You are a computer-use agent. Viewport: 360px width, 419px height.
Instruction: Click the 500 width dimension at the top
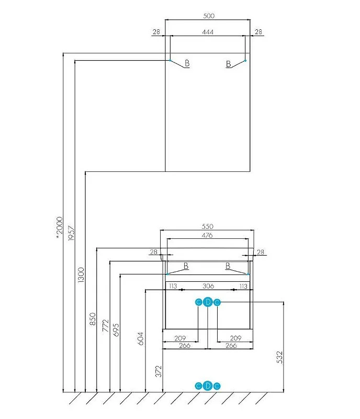[x=209, y=16]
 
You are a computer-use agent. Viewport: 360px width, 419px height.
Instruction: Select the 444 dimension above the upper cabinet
[x=209, y=32]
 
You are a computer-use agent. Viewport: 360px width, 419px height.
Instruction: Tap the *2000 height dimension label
[x=59, y=228]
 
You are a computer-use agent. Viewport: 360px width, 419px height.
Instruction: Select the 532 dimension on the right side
[x=279, y=357]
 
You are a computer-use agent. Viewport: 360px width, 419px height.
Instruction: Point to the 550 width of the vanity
[x=208, y=226]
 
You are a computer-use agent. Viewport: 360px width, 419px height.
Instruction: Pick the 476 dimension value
[x=208, y=235]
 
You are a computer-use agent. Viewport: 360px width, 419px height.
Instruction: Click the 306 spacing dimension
[x=208, y=286]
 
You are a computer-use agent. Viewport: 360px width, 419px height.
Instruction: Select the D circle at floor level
[x=208, y=386]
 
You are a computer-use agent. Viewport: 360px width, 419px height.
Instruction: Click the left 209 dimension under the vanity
[x=181, y=338]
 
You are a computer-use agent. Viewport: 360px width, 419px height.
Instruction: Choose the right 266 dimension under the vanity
[x=231, y=346]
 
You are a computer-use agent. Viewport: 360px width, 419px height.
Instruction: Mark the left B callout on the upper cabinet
[x=187, y=64]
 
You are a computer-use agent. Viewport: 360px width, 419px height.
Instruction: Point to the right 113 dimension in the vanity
[x=242, y=286]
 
